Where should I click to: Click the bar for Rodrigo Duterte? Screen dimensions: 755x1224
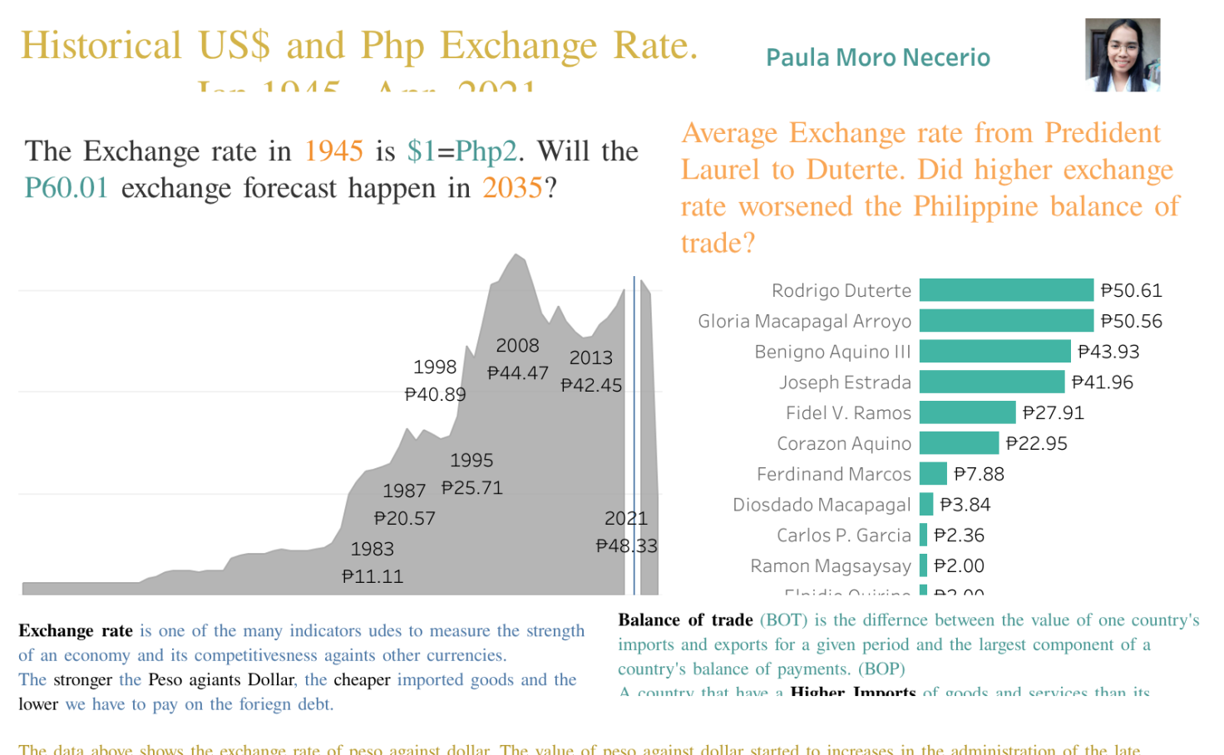[1006, 290]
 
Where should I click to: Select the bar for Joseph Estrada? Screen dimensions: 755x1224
[991, 382]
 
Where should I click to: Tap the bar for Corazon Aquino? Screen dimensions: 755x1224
[959, 443]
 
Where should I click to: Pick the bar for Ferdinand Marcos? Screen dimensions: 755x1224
[933, 474]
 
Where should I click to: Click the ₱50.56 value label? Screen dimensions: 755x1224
[1131, 321]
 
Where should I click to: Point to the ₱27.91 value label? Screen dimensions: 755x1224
[1053, 413]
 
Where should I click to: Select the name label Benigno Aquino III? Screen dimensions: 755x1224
[832, 352]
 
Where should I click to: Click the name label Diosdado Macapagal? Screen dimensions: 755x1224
[822, 505]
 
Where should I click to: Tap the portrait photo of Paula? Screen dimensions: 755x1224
[1122, 55]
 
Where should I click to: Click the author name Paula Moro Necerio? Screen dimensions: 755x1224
[877, 57]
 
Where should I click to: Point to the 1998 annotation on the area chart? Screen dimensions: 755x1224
[435, 367]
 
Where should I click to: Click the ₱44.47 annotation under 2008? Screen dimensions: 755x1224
[517, 373]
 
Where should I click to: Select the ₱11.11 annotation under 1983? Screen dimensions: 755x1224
[373, 576]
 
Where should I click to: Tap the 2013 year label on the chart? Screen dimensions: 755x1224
[590, 358]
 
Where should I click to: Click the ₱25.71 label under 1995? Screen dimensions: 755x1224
[471, 488]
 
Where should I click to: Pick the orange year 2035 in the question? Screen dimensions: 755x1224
[512, 188]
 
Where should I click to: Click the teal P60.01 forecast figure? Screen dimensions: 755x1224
[67, 188]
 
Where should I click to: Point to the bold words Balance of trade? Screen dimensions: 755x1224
[685, 620]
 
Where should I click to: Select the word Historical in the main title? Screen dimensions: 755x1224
[101, 46]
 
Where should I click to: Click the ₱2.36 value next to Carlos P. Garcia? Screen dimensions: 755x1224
[959, 535]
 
